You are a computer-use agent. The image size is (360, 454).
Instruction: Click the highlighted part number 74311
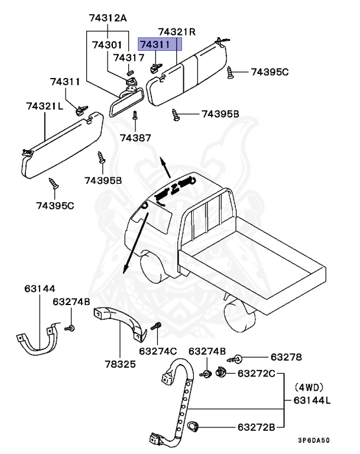[160, 45]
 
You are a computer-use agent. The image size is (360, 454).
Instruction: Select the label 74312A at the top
[108, 18]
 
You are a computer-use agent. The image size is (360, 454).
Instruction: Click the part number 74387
[135, 137]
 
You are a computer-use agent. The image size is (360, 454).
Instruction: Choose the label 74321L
[45, 105]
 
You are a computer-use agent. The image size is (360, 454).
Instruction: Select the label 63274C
[158, 351]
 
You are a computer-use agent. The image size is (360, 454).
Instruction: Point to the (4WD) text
[310, 388]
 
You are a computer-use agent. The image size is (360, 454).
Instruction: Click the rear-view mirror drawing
[122, 104]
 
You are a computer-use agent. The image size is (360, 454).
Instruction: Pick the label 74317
[128, 58]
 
